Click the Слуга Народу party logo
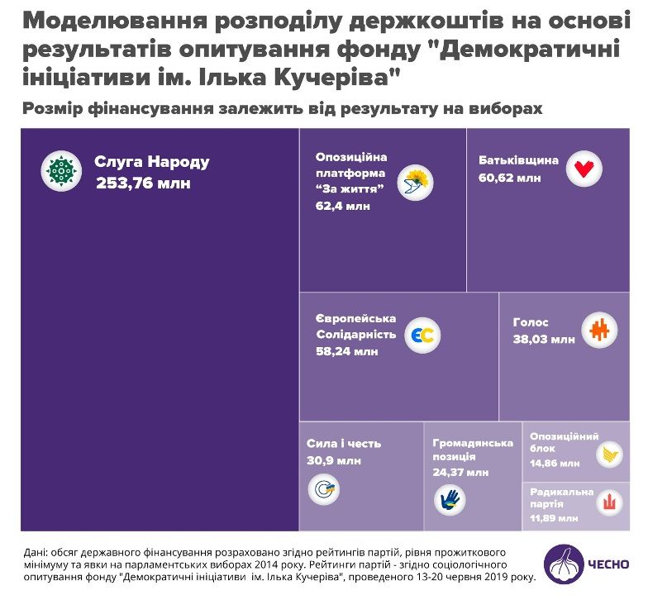[x=61, y=172]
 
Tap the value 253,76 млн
[x=143, y=183]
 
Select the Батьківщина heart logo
[x=584, y=169]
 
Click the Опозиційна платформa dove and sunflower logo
[x=416, y=183]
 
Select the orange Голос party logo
[x=598, y=330]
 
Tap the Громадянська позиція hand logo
[x=450, y=499]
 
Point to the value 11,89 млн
[x=555, y=518]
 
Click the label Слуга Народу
[x=151, y=162]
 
